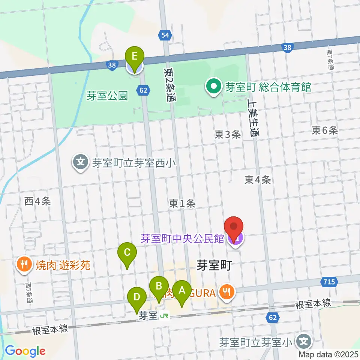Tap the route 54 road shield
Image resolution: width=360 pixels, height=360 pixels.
[x=166, y=35]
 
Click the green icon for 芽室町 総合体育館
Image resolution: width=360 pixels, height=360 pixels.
[x=214, y=87]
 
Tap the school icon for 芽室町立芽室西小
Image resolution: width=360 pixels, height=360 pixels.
[x=81, y=163]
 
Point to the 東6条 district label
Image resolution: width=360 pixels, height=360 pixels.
[x=325, y=130]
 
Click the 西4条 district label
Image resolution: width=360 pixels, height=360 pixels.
[x=37, y=201]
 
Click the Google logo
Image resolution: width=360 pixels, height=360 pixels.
[x=25, y=351]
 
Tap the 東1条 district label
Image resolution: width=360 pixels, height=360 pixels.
[x=182, y=204]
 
